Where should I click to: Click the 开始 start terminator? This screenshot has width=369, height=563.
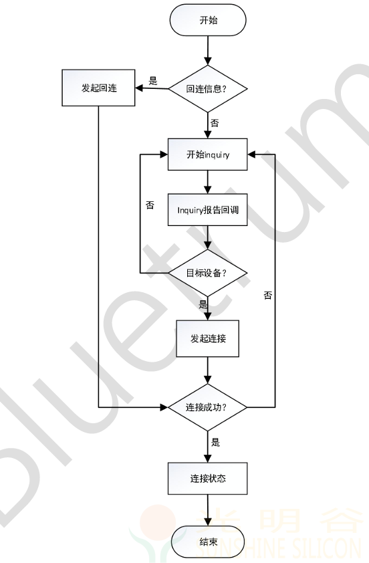(208, 20)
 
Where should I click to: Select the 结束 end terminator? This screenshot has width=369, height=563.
(208, 542)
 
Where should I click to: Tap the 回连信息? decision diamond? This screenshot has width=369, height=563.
(208, 89)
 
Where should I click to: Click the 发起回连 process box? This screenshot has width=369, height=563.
(99, 88)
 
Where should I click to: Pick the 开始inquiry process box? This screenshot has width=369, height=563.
(208, 154)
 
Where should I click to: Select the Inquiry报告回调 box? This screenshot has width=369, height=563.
(208, 210)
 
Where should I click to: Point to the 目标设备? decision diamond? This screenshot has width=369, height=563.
(208, 273)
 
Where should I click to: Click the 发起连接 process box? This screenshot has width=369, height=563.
(208, 338)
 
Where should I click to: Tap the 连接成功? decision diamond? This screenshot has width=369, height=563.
(208, 407)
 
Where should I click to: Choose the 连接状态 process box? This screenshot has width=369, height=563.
(208, 479)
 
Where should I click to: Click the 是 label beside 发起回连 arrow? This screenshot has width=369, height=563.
(153, 81)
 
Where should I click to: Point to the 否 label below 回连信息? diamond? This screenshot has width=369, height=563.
(215, 123)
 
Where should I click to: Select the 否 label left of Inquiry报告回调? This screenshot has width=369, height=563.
(150, 205)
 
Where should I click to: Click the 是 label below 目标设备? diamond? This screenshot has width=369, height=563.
(203, 304)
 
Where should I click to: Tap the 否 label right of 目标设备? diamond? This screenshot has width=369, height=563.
(268, 296)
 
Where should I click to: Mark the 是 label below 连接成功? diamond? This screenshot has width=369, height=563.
(215, 442)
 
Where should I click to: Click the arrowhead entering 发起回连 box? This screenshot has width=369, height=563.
(139, 88)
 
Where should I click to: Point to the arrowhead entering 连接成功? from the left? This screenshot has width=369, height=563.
(164, 407)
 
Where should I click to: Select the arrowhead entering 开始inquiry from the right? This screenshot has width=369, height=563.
(251, 154)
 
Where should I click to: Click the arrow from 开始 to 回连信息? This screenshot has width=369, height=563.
(208, 51)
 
